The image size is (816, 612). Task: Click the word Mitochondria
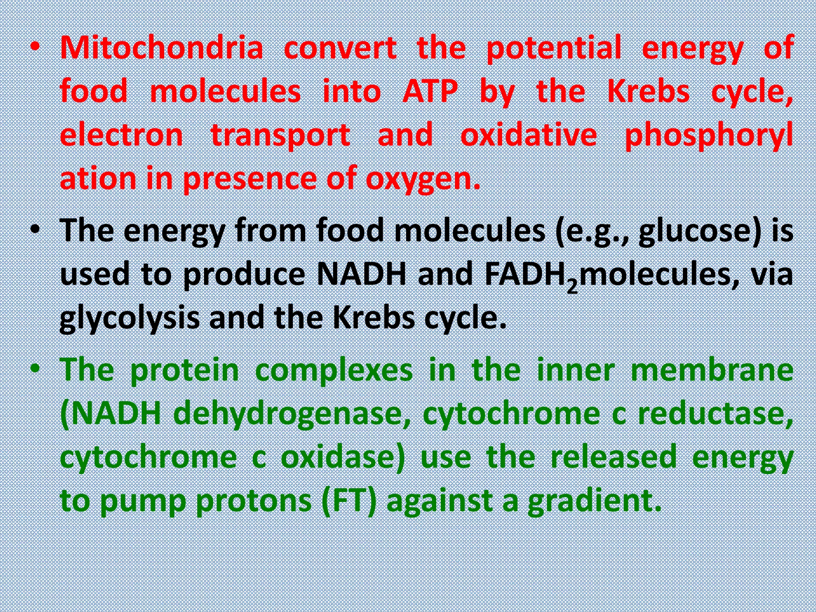(162, 48)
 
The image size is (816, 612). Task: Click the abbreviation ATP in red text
(430, 91)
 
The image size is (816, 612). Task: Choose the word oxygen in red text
(422, 179)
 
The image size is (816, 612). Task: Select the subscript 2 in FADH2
(572, 286)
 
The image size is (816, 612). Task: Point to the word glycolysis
(129, 319)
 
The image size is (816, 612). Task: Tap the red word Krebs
(648, 91)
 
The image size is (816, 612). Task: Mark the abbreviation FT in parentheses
(349, 500)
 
